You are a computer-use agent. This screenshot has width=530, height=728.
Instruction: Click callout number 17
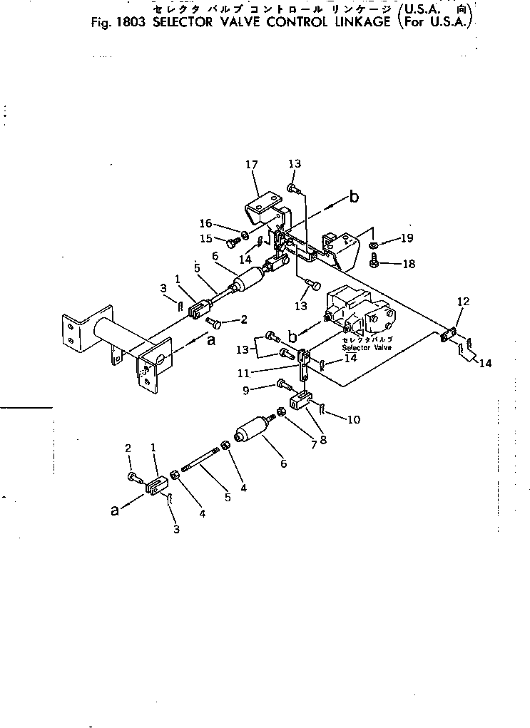click(252, 165)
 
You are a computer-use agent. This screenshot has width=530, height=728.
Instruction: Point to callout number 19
click(406, 238)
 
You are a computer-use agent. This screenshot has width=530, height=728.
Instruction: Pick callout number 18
click(408, 264)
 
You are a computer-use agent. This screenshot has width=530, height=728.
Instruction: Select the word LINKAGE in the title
click(353, 21)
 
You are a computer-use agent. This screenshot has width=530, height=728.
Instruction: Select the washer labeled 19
click(374, 246)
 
